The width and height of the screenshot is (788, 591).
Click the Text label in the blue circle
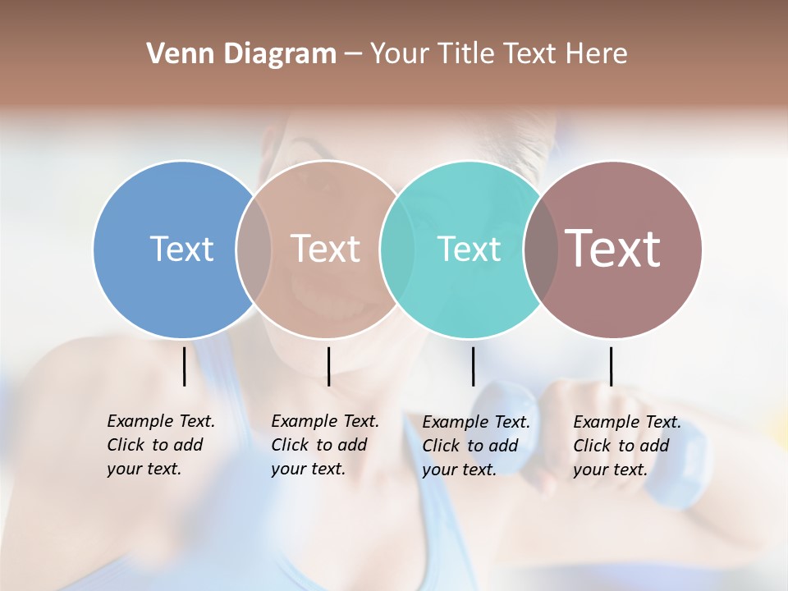(x=181, y=249)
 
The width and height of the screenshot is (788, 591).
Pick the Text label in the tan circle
(x=325, y=249)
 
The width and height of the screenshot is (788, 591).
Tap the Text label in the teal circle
(x=469, y=249)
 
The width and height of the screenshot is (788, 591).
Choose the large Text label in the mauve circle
(x=613, y=248)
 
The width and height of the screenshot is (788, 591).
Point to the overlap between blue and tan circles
(x=254, y=249)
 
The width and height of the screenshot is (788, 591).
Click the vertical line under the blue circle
(x=184, y=366)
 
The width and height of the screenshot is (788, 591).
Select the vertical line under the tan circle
(x=328, y=366)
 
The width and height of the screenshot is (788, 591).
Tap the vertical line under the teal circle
(x=473, y=366)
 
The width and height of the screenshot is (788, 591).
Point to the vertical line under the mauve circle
(x=611, y=366)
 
